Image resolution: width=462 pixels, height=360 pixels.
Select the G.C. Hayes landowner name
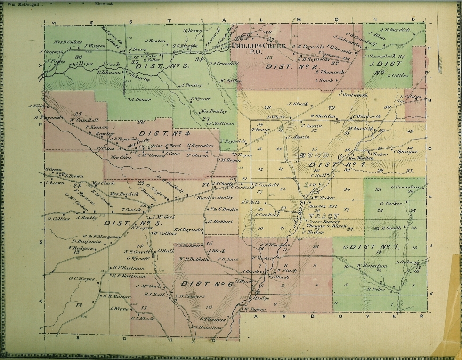(79, 278)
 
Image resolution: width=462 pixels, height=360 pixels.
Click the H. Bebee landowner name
(376, 290)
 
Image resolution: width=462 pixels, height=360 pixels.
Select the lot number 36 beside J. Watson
(78, 57)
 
